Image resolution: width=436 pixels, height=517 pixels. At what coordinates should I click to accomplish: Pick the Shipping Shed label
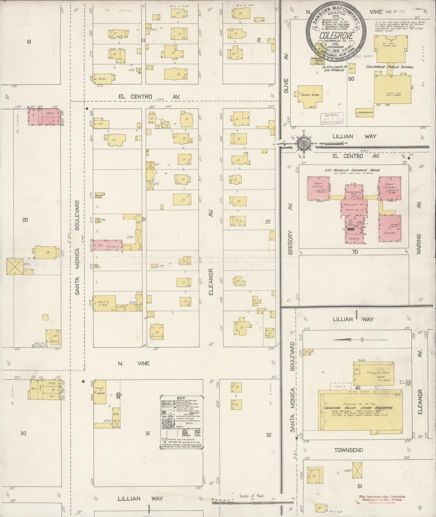tap(378, 373)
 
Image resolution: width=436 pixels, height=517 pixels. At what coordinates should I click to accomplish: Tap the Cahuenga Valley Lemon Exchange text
tap(363, 408)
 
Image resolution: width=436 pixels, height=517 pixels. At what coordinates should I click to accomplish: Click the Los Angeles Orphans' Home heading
tap(352, 170)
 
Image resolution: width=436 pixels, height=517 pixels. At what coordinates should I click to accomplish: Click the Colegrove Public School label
tap(390, 67)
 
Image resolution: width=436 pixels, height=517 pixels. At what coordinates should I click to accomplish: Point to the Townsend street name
tap(348, 450)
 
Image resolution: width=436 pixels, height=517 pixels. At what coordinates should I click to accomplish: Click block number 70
tap(355, 251)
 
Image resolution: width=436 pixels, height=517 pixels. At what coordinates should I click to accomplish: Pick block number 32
tap(269, 435)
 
